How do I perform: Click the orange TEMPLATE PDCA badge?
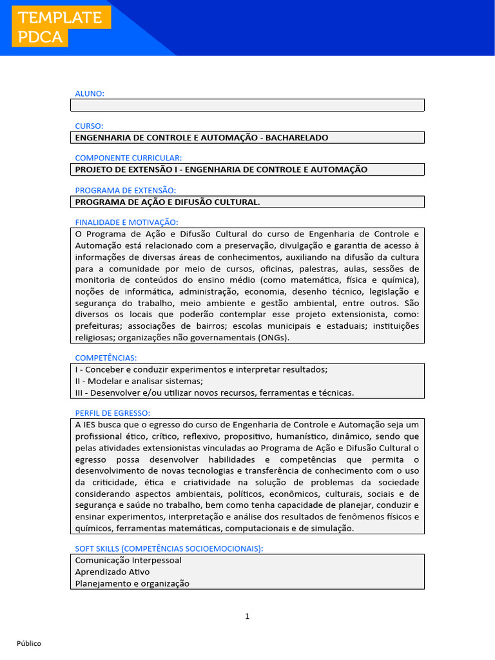coord(61,28)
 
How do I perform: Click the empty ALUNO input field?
coord(247,105)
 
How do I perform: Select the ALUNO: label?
coord(90,93)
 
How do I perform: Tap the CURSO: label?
coord(89,126)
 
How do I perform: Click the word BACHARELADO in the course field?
coord(297,137)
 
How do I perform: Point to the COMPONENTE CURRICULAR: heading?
coord(128,158)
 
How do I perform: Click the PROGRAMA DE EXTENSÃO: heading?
coord(125,190)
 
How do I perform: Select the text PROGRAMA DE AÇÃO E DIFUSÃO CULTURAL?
coord(168,202)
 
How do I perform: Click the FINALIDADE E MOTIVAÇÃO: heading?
coord(126,222)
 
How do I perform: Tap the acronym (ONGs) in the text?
coord(273,337)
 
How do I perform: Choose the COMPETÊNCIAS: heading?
coord(106,358)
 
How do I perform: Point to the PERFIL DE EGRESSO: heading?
coord(113,412)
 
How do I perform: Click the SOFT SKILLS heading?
coord(169,548)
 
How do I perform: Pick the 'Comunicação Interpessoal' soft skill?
coord(128,560)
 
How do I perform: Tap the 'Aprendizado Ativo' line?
coord(112,572)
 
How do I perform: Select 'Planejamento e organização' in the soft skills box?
coord(132,583)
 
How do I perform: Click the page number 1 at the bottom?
coord(247,616)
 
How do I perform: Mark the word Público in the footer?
coord(29,643)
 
